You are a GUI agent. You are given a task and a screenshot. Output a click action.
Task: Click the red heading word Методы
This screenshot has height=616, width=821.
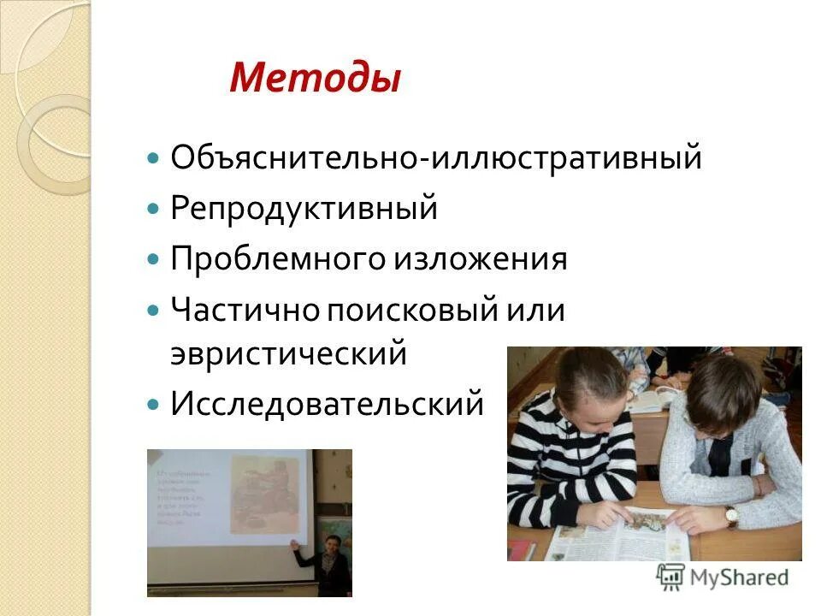[x=315, y=79]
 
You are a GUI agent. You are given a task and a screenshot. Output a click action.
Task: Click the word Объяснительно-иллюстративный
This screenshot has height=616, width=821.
[x=436, y=158]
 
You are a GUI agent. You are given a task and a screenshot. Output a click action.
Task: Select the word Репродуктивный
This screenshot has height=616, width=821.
[x=304, y=209]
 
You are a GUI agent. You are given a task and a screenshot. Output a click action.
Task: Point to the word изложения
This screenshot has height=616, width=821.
[x=480, y=258]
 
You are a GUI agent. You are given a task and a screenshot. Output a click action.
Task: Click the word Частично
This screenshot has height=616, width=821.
[x=244, y=309]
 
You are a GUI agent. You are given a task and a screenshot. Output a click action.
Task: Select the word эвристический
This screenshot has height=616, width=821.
[x=288, y=352]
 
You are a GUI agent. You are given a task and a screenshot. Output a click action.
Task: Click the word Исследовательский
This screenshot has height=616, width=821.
[x=327, y=403]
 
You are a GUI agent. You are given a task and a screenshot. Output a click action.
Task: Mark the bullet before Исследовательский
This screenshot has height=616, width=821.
[x=153, y=404]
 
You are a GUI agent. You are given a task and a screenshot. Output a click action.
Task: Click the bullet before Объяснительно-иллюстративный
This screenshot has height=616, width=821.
[x=153, y=159]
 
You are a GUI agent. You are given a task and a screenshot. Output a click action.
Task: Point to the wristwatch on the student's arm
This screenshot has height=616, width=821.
[x=731, y=514]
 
